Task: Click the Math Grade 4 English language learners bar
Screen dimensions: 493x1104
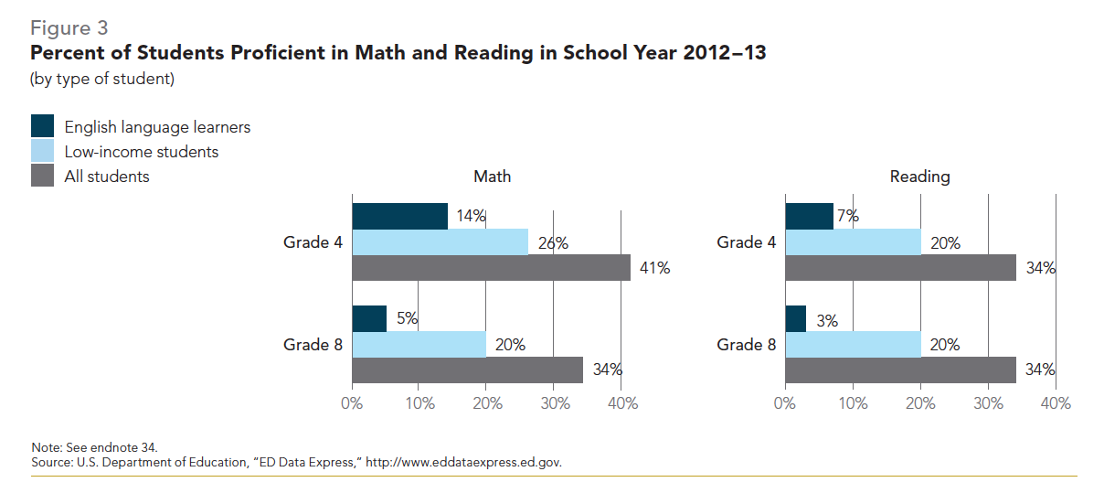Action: click(x=399, y=216)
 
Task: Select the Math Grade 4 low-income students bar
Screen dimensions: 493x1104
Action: click(x=440, y=241)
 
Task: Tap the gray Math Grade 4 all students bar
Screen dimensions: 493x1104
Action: click(x=491, y=267)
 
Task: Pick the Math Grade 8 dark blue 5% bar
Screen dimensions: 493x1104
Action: click(x=369, y=318)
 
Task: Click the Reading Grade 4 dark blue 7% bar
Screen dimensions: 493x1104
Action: click(x=809, y=216)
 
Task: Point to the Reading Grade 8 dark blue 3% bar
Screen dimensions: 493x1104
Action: click(x=795, y=318)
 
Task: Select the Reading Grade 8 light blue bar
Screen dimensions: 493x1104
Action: click(x=853, y=344)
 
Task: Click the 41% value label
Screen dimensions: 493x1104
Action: click(x=655, y=268)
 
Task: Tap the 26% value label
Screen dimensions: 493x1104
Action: click(x=553, y=242)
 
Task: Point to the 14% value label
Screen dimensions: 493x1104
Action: click(x=471, y=217)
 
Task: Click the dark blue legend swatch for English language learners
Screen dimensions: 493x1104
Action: click(x=43, y=126)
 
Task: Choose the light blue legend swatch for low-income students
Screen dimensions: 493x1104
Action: click(x=43, y=151)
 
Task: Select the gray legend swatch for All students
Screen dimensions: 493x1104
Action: click(x=43, y=176)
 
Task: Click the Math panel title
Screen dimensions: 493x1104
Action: click(x=492, y=177)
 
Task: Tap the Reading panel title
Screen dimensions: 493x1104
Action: click(x=919, y=177)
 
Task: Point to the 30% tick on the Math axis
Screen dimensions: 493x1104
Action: click(x=554, y=403)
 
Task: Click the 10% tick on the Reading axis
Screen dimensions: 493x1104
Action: click(x=853, y=403)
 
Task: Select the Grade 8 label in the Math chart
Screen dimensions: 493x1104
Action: click(x=305, y=345)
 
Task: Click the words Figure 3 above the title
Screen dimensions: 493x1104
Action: click(x=69, y=27)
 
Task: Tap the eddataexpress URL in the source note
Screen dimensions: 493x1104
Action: click(x=463, y=462)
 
